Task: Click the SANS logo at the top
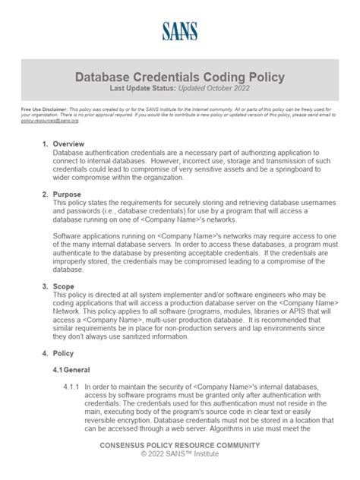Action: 179,31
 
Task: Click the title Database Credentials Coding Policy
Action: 180,77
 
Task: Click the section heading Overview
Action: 70,144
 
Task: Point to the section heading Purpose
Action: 69,194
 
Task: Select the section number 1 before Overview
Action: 45,144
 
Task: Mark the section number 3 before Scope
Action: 45,287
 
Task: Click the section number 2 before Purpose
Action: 45,194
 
